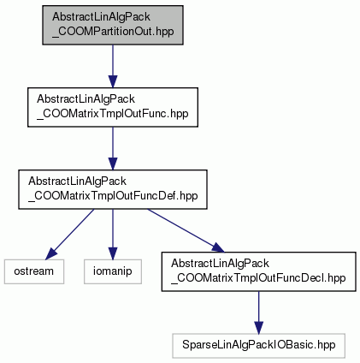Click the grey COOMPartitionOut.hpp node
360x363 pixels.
click(113, 25)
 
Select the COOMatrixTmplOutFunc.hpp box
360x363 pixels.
click(113, 107)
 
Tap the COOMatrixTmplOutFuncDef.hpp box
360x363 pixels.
click(113, 189)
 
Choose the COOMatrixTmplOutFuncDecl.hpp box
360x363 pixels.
click(258, 271)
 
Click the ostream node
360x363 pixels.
click(34, 271)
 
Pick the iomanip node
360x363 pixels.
click(113, 271)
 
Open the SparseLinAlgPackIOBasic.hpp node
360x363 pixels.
click(258, 346)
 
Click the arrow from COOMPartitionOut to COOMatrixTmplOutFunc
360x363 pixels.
click(113, 66)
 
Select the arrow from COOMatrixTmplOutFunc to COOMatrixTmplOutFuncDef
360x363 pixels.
click(113, 148)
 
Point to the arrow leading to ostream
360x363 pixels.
click(70, 235)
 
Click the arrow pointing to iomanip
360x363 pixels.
click(113, 235)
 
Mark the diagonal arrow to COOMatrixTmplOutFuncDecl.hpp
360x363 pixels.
click(186, 230)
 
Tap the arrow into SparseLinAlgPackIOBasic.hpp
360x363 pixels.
click(258, 312)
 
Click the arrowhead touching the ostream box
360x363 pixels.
click(51, 253)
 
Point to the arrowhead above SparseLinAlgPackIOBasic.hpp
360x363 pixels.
click(258, 327)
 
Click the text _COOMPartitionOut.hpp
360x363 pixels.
click(113, 32)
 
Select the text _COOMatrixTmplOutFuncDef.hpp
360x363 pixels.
click(113, 196)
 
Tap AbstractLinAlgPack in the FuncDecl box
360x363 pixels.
click(220, 263)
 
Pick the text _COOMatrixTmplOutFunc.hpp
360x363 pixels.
click(113, 114)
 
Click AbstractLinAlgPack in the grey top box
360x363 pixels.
click(101, 16)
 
